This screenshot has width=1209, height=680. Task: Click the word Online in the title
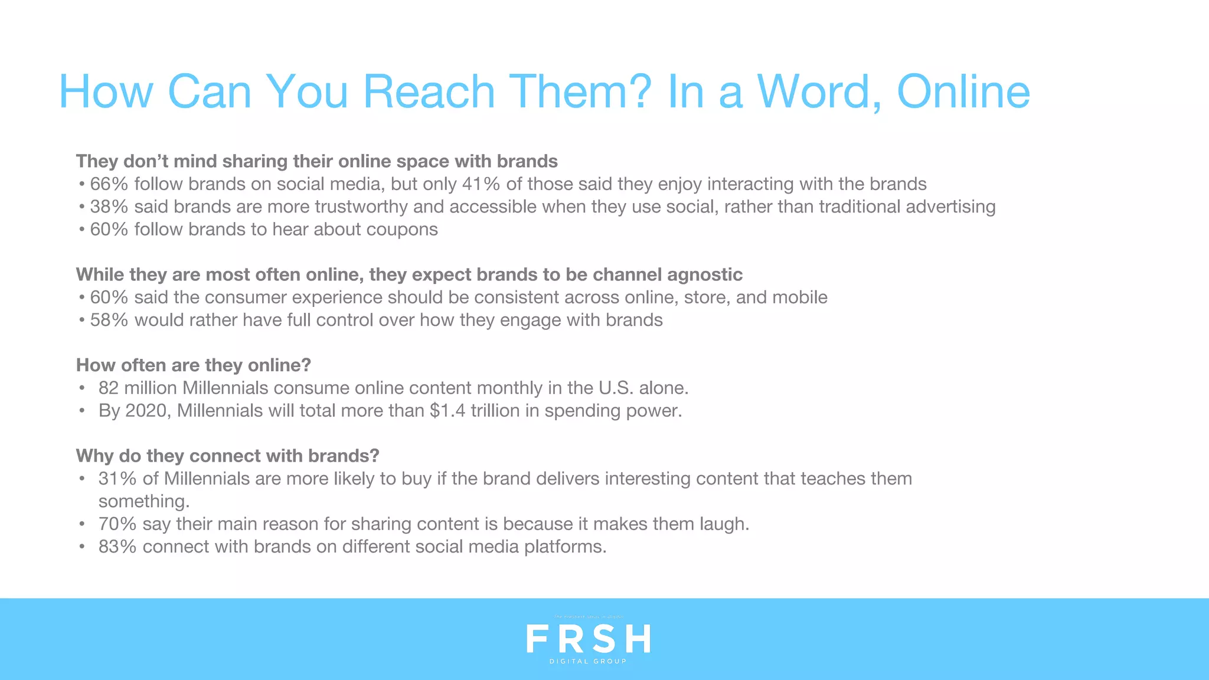(x=963, y=92)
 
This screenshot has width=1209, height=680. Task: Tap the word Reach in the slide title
(x=429, y=92)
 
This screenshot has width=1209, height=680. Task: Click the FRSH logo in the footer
(x=588, y=639)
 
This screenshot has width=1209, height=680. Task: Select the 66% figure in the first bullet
(x=109, y=184)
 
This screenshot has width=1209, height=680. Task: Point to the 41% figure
(x=481, y=184)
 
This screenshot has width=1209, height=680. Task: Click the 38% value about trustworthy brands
(x=109, y=207)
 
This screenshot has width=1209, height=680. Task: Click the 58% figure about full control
(x=109, y=320)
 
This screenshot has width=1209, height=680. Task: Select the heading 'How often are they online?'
(x=193, y=365)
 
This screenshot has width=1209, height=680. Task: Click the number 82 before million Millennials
(x=109, y=388)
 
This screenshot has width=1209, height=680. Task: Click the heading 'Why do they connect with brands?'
(x=227, y=456)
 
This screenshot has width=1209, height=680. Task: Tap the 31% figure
(x=117, y=479)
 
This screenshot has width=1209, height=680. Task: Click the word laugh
(x=724, y=524)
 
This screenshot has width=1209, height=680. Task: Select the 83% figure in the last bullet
(x=117, y=547)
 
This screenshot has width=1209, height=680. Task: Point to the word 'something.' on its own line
(x=144, y=502)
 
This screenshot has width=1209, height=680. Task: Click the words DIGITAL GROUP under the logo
(x=588, y=662)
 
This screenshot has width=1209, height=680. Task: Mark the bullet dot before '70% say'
(x=82, y=524)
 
